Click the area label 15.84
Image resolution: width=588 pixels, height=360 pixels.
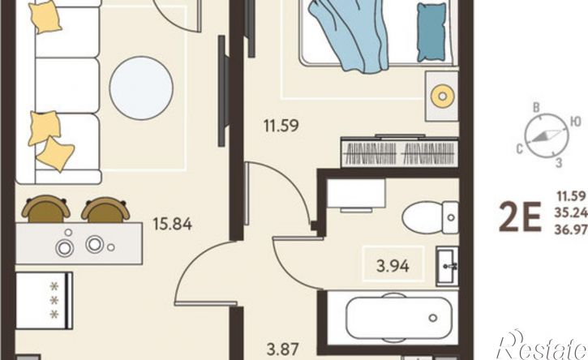[173, 225]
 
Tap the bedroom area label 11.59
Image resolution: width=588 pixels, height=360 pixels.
[281, 126]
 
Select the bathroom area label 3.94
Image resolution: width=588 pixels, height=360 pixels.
[393, 266]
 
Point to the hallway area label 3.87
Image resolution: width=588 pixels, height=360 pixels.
[283, 349]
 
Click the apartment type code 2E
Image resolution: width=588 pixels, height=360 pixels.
[520, 217]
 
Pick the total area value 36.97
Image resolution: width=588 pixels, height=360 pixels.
[572, 229]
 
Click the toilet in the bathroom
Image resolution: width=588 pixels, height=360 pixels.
[430, 217]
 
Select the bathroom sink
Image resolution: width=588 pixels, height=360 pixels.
[448, 265]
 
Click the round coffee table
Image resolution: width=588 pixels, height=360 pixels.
[141, 88]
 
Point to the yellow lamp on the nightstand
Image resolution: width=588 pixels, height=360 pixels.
[443, 96]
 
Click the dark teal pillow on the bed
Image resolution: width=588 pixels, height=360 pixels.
[431, 32]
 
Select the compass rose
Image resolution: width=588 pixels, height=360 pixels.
[547, 135]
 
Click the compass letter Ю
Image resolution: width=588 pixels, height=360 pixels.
[576, 122]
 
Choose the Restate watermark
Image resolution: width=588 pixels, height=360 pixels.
[541, 345]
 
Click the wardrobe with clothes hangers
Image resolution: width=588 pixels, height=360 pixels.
[400, 152]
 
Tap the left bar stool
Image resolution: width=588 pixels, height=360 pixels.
[45, 209]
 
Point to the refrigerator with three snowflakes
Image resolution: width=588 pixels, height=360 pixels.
[45, 301]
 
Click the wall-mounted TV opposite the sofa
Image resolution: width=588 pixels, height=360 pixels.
[221, 91]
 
